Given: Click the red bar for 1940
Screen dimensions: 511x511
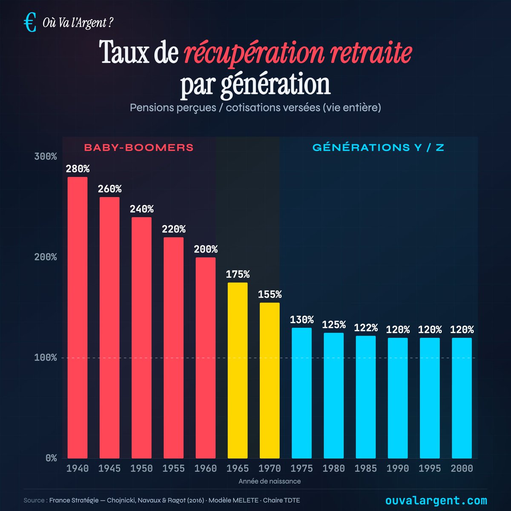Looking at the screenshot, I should (x=78, y=317).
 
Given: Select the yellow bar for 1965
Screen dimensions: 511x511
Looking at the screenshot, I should (x=238, y=370).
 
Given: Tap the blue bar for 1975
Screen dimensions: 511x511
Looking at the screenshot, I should (x=301, y=393).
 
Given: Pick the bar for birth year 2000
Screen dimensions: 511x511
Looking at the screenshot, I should (x=462, y=398).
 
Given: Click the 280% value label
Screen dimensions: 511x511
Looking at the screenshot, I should (x=78, y=169).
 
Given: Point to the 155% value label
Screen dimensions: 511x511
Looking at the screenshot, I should (x=270, y=294).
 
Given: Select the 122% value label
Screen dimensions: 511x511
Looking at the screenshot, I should (x=366, y=327).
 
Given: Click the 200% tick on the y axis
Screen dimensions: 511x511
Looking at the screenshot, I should (x=45, y=257).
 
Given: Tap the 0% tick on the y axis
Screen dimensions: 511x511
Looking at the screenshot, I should (x=51, y=458).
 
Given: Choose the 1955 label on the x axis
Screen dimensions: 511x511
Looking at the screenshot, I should (x=174, y=468).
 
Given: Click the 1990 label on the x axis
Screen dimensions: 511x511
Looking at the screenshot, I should (x=398, y=468).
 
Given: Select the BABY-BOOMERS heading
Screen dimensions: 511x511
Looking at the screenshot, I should (x=139, y=148).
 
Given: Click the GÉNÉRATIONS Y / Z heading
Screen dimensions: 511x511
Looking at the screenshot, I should (x=378, y=148).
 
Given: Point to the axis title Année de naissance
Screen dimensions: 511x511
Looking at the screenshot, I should (x=270, y=481).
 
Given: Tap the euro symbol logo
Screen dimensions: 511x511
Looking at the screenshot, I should (x=30, y=23).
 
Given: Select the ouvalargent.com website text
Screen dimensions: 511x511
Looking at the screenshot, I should (x=436, y=500).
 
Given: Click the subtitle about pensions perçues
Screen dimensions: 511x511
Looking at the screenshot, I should (x=255, y=107).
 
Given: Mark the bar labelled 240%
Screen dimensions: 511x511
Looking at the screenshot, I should (x=141, y=337).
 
